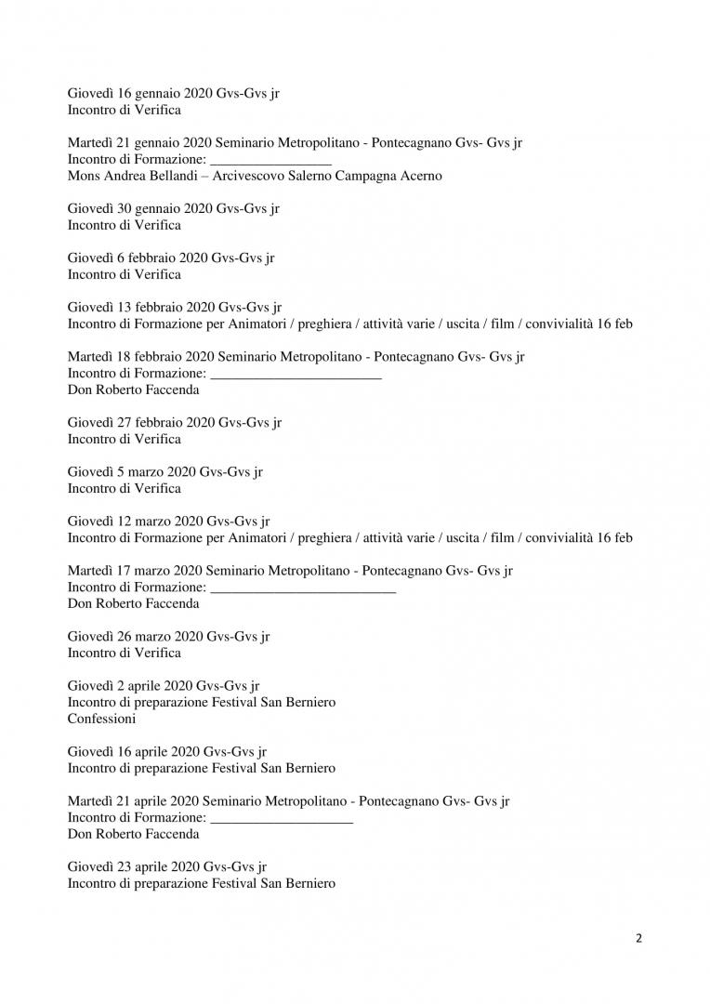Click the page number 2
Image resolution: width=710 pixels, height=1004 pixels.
[x=638, y=937]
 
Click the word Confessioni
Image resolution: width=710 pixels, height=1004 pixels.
[x=102, y=719]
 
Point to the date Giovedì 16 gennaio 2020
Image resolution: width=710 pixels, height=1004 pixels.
[x=140, y=93]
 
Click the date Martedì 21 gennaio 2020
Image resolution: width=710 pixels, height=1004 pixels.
[x=140, y=142]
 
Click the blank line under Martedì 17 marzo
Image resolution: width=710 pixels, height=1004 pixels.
[x=304, y=588]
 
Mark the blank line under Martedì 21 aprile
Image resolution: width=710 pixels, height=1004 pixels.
[x=282, y=818]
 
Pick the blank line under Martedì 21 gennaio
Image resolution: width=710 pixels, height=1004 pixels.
[x=271, y=161]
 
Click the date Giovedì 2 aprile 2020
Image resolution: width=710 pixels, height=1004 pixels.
[x=130, y=686]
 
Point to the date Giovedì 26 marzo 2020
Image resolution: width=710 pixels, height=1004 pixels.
[x=135, y=637]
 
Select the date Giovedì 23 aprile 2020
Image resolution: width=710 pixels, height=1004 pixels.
[x=134, y=866]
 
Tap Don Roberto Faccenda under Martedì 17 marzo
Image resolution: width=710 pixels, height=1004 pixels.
[x=133, y=603]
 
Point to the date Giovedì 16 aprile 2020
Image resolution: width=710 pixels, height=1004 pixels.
[x=134, y=751]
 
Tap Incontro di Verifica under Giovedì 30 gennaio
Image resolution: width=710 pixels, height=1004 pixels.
[x=125, y=225]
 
